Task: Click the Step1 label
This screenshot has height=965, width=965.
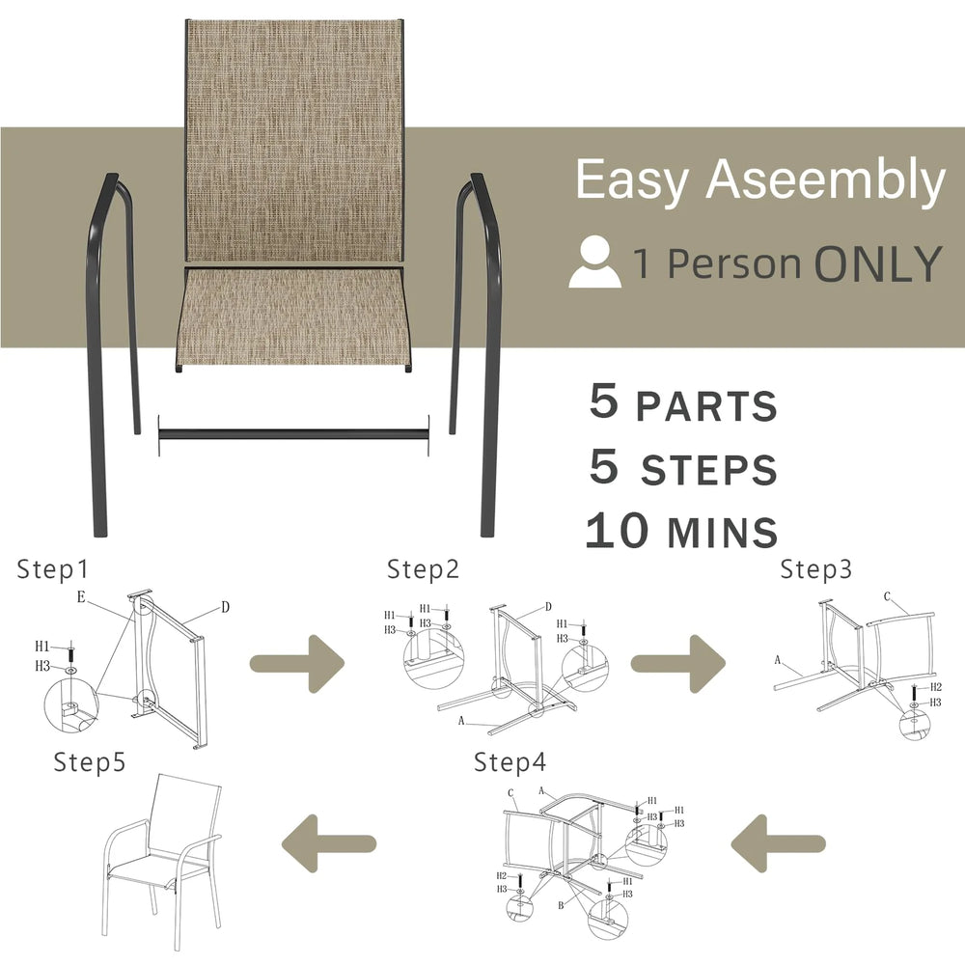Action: pyautogui.click(x=53, y=569)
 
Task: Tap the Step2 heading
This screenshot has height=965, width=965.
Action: pyautogui.click(x=424, y=569)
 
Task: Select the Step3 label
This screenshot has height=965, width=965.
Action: pyautogui.click(x=816, y=569)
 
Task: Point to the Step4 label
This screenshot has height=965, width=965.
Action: pyautogui.click(x=510, y=762)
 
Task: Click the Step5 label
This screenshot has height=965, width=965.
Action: pyautogui.click(x=90, y=762)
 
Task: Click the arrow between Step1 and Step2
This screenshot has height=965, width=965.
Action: pyautogui.click(x=297, y=664)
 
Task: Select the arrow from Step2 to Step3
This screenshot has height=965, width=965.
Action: pyautogui.click(x=678, y=664)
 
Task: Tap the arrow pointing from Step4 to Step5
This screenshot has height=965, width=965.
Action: pyautogui.click(x=329, y=843)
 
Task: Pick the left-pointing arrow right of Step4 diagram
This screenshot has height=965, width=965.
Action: pyautogui.click(x=778, y=843)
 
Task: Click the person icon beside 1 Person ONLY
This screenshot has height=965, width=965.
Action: pyautogui.click(x=594, y=262)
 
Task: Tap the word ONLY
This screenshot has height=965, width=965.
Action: pyautogui.click(x=878, y=264)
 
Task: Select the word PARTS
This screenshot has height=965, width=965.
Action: pyautogui.click(x=706, y=406)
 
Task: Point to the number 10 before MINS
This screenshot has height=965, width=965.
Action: pyautogui.click(x=618, y=531)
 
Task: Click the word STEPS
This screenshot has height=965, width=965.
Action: pyautogui.click(x=709, y=470)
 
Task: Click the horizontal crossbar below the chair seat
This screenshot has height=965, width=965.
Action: pyautogui.click(x=294, y=434)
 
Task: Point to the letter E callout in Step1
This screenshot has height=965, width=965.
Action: pyautogui.click(x=81, y=597)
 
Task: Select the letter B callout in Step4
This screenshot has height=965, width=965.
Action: pyautogui.click(x=561, y=905)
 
